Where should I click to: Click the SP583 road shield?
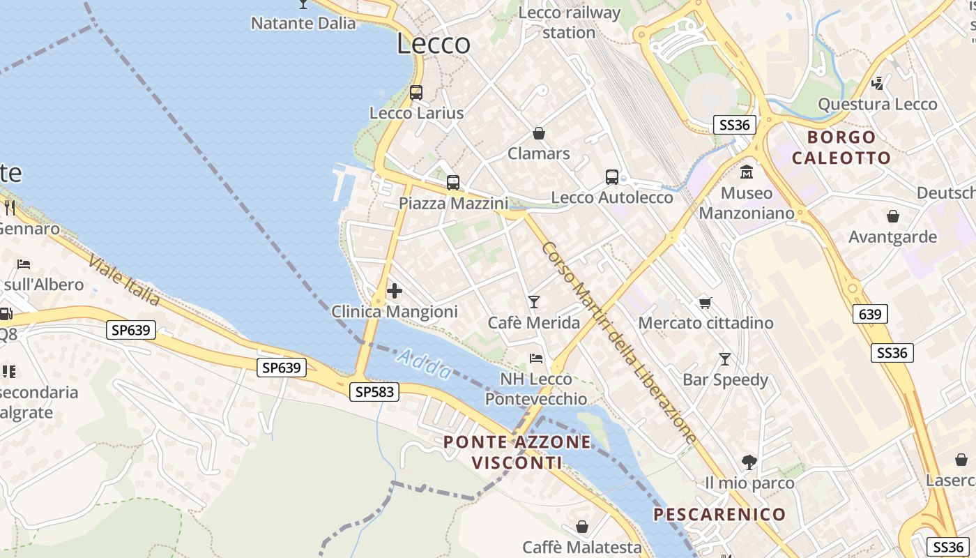click(375, 392)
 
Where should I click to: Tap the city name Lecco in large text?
click(434, 44)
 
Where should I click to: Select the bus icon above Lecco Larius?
click(416, 92)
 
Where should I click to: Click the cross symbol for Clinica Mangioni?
click(395, 290)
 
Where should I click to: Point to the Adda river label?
click(425, 364)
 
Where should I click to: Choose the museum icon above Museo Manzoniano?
click(747, 172)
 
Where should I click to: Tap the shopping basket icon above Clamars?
click(539, 133)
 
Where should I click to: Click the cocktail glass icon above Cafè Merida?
click(534, 301)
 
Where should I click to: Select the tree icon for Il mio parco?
click(749, 462)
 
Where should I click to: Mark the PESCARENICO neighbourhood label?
click(719, 515)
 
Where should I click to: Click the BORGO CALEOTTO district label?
click(841, 147)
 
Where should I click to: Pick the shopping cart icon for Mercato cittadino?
click(706, 303)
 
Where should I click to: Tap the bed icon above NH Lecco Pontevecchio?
click(536, 359)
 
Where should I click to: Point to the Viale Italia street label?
click(123, 280)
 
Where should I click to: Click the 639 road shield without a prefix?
click(870, 315)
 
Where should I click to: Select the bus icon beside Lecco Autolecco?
click(612, 177)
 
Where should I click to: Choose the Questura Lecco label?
click(877, 105)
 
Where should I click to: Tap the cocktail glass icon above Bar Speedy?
click(725, 359)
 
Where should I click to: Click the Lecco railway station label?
click(570, 22)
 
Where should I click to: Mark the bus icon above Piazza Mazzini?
click(453, 183)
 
